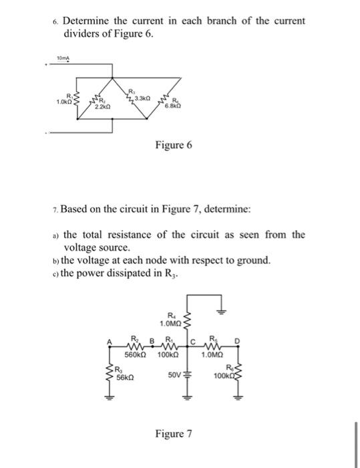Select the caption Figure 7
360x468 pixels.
pyautogui.click(x=174, y=434)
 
